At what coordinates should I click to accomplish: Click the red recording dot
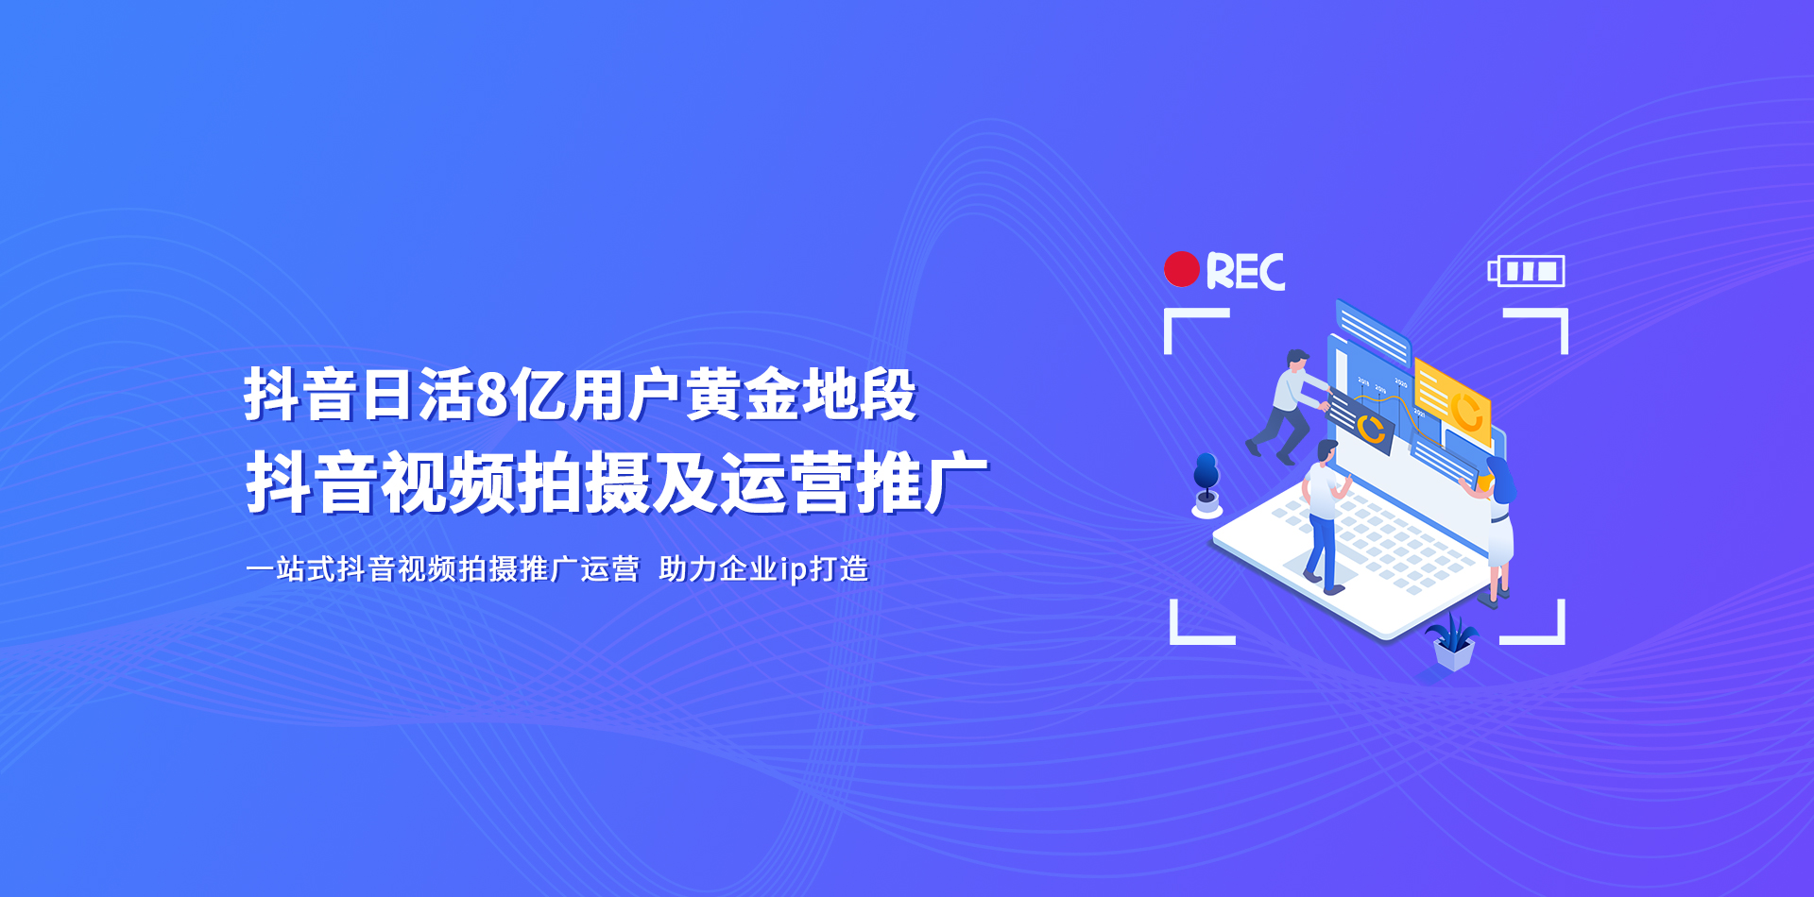[x=1182, y=269]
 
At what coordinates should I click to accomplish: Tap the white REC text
[x=1245, y=272]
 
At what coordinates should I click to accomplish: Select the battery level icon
[x=1526, y=271]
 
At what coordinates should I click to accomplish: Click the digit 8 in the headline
[x=492, y=395]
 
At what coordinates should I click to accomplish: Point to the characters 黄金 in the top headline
[x=744, y=395]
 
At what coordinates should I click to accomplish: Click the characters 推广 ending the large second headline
[x=921, y=482]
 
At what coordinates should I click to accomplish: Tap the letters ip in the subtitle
[x=794, y=569]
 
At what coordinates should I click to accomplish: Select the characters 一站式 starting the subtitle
[x=291, y=568]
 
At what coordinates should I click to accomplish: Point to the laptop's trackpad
[x=1322, y=566]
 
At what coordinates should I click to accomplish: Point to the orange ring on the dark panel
[x=1371, y=428]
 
